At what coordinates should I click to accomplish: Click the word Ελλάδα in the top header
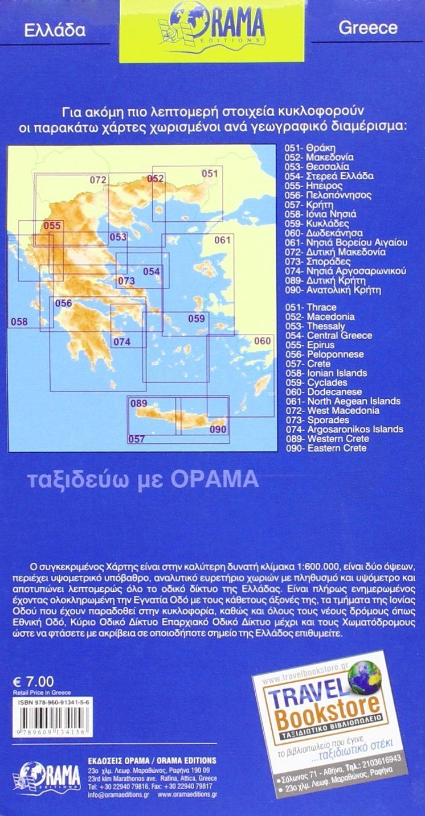click(x=55, y=29)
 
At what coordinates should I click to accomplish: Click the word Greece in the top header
click(x=367, y=27)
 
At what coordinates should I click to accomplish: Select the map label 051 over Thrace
click(x=210, y=174)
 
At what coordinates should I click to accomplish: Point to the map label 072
click(x=99, y=180)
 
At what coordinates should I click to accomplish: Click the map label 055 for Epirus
click(x=52, y=226)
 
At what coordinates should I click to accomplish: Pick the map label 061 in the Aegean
click(x=223, y=240)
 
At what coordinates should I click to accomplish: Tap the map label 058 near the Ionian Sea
click(x=19, y=322)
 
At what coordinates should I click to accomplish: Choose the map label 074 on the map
click(x=122, y=342)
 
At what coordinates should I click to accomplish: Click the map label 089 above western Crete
click(x=139, y=404)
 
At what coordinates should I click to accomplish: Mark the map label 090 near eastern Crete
click(x=218, y=429)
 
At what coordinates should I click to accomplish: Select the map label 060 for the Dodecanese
click(x=262, y=341)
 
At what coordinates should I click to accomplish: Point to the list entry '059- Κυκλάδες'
click(x=324, y=224)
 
